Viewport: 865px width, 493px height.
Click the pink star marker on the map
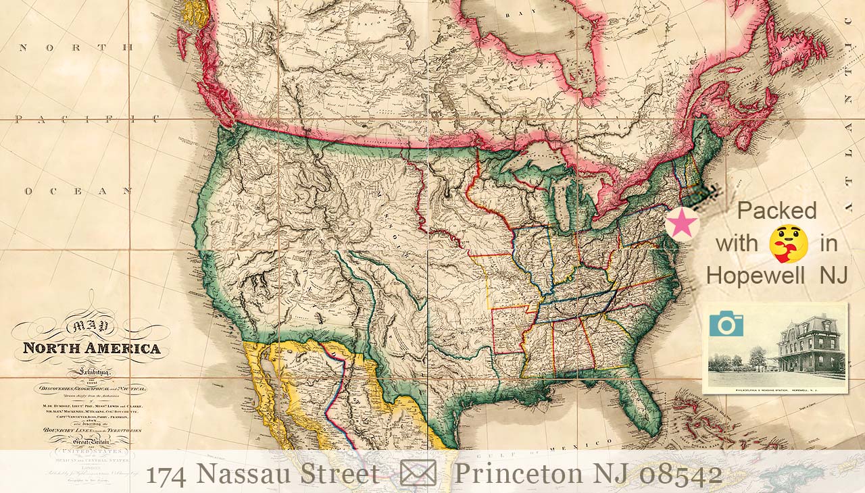click(682, 224)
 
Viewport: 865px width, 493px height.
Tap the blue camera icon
click(726, 324)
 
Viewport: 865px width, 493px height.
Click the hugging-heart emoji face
click(788, 244)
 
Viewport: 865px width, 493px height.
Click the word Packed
click(776, 211)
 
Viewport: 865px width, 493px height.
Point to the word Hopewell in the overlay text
click(755, 276)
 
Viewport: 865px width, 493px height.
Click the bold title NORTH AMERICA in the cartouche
click(92, 349)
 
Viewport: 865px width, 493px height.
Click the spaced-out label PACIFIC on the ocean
click(88, 120)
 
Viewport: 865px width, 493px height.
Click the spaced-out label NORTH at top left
click(76, 47)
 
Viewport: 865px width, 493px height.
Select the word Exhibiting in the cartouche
click(91, 372)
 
